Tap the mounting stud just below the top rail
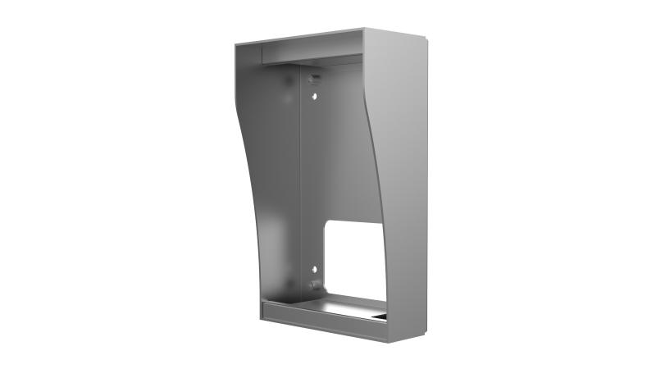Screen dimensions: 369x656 (312, 78)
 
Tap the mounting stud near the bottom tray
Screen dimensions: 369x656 (313, 285)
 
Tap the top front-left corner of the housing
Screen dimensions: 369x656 (235, 44)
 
